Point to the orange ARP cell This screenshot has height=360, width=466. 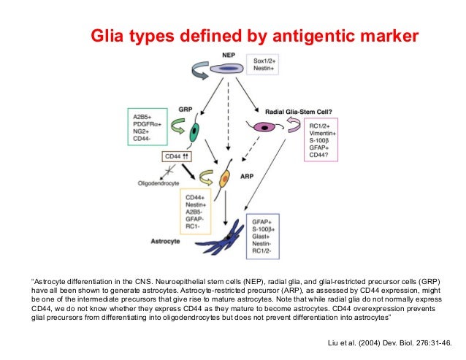click(226, 177)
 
